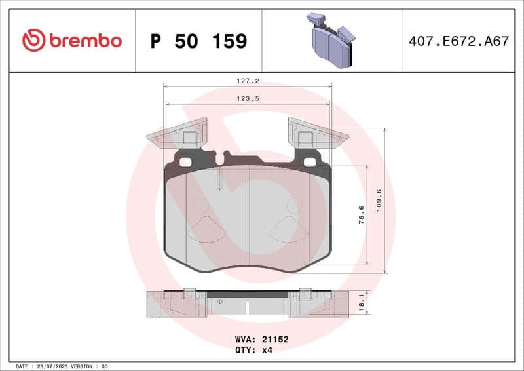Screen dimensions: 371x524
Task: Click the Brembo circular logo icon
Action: click(33, 41)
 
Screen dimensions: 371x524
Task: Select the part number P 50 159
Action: click(198, 41)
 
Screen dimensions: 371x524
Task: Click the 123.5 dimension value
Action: click(246, 100)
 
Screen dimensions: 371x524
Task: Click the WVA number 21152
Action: click(276, 340)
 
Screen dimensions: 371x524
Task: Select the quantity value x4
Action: click(267, 351)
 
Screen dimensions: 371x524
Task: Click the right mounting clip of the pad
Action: click(317, 136)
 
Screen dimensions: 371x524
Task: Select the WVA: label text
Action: click(245, 340)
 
